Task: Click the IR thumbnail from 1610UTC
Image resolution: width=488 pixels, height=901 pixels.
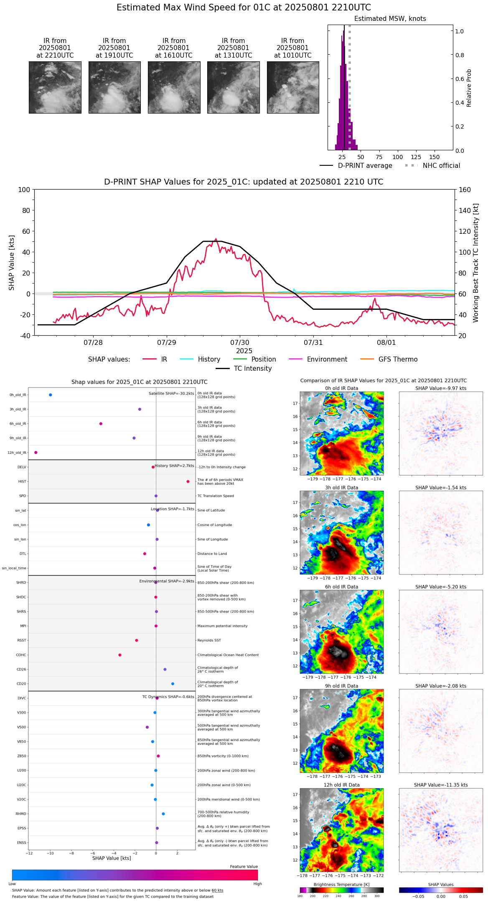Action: tap(174, 87)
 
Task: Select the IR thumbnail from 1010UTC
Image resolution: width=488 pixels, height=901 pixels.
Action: tap(293, 87)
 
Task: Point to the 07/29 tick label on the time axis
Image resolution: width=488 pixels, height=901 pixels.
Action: tap(166, 343)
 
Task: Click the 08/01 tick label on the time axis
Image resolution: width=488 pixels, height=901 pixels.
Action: tap(386, 343)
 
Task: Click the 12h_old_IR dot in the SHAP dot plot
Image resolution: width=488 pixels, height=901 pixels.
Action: tap(36, 453)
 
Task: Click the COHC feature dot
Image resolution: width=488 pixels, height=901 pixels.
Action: tap(120, 655)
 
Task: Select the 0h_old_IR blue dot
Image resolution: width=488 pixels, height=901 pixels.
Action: tap(51, 395)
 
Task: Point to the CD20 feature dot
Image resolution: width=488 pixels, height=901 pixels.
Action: tap(173, 684)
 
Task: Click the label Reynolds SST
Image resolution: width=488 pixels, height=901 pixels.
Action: tap(209, 640)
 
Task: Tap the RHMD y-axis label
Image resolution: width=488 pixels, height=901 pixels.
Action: tap(21, 814)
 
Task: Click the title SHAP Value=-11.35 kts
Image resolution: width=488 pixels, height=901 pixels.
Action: tap(441, 785)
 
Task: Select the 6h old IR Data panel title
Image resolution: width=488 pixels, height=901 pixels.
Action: tap(341, 587)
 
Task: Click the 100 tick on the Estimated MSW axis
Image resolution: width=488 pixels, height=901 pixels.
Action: tap(397, 157)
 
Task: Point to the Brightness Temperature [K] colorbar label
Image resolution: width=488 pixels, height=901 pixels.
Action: tap(341, 884)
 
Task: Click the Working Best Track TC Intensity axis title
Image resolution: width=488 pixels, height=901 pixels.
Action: tap(476, 263)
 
